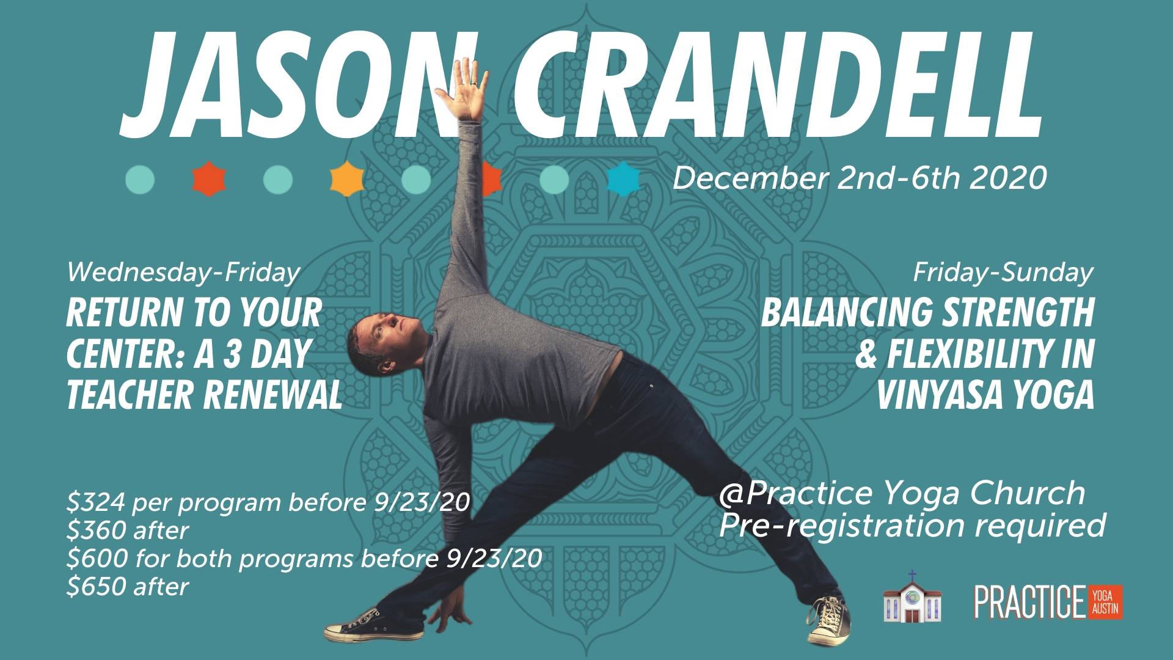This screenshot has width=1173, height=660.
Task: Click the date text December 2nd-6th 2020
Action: click(860, 177)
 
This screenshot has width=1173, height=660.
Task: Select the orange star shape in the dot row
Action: click(347, 180)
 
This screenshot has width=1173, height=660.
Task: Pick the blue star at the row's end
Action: click(624, 180)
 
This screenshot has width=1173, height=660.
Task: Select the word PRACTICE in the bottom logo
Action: click(1029, 602)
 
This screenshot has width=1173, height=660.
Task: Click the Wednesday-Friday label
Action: click(183, 272)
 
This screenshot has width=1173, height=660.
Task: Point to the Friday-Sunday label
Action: click(1003, 272)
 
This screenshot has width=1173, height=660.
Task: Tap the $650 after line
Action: click(128, 587)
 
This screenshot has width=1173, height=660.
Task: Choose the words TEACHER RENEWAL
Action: click(204, 395)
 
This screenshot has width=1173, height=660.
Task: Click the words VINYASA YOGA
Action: click(985, 395)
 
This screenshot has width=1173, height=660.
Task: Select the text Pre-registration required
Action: click(912, 525)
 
